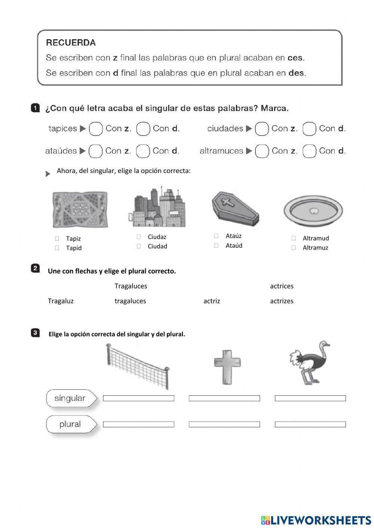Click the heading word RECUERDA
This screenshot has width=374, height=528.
(x=71, y=43)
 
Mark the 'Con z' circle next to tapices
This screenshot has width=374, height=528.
(x=96, y=129)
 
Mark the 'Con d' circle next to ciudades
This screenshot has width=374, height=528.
(x=309, y=129)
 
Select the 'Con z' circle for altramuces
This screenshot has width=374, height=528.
(x=262, y=151)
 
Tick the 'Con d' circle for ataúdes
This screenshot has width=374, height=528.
(x=143, y=151)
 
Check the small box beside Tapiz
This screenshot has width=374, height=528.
(x=57, y=238)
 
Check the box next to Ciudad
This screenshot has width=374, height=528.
(x=139, y=246)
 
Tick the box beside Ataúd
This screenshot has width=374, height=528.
(x=216, y=246)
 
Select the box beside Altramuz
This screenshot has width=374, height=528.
(x=294, y=247)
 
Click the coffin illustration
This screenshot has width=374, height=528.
(x=235, y=208)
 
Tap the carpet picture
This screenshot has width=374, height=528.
(x=80, y=209)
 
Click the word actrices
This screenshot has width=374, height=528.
(x=282, y=286)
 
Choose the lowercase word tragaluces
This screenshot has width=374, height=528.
(x=130, y=301)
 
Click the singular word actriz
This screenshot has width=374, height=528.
(x=212, y=301)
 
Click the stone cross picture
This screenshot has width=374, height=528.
(x=227, y=367)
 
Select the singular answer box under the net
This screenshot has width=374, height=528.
(x=138, y=398)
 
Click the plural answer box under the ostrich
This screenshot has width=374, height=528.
(x=310, y=424)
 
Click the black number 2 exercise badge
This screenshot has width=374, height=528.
(x=35, y=268)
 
